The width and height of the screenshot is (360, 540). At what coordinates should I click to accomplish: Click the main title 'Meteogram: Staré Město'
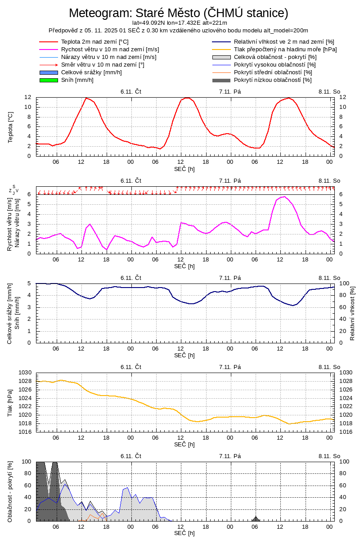coord(179,13)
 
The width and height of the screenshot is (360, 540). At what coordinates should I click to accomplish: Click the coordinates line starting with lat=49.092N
coord(180,23)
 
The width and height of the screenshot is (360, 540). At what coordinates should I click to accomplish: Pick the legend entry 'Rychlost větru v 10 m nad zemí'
coord(110,49)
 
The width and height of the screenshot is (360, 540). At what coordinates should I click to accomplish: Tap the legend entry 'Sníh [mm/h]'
coord(77,80)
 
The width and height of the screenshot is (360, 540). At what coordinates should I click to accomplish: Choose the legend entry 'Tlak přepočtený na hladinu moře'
coord(285,49)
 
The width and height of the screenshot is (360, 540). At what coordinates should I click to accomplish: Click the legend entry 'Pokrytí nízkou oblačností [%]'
coord(273,80)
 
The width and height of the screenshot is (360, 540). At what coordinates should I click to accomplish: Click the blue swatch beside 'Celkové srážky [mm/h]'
coord(49,72)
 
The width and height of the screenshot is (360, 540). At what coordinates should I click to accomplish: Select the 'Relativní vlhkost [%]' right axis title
coord(352,312)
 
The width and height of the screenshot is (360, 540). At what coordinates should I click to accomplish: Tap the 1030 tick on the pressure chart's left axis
coord(24,373)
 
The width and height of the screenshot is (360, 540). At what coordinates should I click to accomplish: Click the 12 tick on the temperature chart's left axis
coord(28,97)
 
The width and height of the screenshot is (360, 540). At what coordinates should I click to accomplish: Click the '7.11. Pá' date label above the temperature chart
coord(230,91)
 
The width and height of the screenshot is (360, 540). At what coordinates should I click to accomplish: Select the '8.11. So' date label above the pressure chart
coord(329,367)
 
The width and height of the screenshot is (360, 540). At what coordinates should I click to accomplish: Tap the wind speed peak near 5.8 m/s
coord(283,196)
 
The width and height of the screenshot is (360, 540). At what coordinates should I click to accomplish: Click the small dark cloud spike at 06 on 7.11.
coord(256,518)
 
